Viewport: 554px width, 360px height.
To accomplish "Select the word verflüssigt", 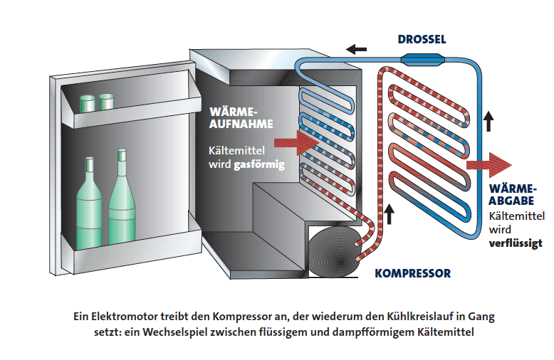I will (516, 243).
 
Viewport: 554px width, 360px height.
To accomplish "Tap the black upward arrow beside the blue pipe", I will (488, 122).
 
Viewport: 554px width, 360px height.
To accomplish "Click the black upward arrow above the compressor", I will (389, 211).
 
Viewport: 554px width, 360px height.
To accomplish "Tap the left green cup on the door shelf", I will (88, 102).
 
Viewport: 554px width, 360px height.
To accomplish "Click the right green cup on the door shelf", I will (108, 101).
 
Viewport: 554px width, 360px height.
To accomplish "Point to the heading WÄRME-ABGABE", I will (512, 194).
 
